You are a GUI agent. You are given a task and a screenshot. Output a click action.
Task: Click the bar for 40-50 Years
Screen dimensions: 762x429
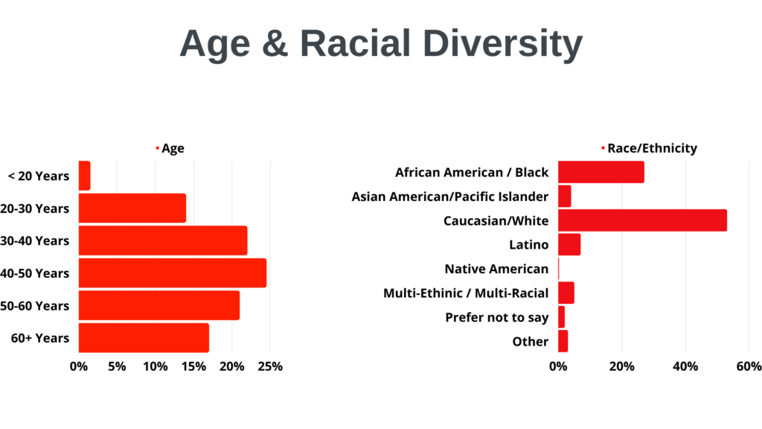(173, 273)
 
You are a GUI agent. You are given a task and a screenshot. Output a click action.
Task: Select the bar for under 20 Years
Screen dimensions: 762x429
(85, 176)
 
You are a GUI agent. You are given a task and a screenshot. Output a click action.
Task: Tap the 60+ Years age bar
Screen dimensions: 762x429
(144, 337)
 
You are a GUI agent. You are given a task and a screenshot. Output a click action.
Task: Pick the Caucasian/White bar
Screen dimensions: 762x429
(642, 220)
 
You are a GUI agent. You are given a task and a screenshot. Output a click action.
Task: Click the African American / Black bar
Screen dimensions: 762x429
(601, 172)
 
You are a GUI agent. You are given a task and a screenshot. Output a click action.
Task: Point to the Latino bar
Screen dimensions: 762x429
(569, 244)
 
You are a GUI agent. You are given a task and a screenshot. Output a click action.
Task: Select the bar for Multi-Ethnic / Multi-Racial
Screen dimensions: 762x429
(566, 293)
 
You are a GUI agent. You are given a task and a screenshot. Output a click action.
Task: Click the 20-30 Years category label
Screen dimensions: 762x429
(34, 209)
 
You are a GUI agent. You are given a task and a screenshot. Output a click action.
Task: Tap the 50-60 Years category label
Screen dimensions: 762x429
(34, 306)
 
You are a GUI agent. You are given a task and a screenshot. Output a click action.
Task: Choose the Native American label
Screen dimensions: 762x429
(496, 269)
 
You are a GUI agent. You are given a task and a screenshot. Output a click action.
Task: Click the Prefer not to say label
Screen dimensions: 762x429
(496, 317)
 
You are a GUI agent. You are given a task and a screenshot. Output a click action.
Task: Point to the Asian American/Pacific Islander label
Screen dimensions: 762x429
(450, 197)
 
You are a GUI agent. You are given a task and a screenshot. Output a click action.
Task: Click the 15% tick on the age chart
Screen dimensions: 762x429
(193, 366)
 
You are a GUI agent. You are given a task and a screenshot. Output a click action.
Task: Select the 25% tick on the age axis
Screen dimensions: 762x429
(270, 366)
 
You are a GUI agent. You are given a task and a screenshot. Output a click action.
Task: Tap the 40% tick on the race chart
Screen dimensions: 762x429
(685, 366)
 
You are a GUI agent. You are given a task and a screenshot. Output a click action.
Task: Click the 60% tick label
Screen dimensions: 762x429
(749, 366)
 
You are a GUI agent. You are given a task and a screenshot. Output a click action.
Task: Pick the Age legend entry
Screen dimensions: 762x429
(170, 148)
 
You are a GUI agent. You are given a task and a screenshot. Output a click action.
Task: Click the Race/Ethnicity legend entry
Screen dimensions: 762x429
(649, 148)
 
